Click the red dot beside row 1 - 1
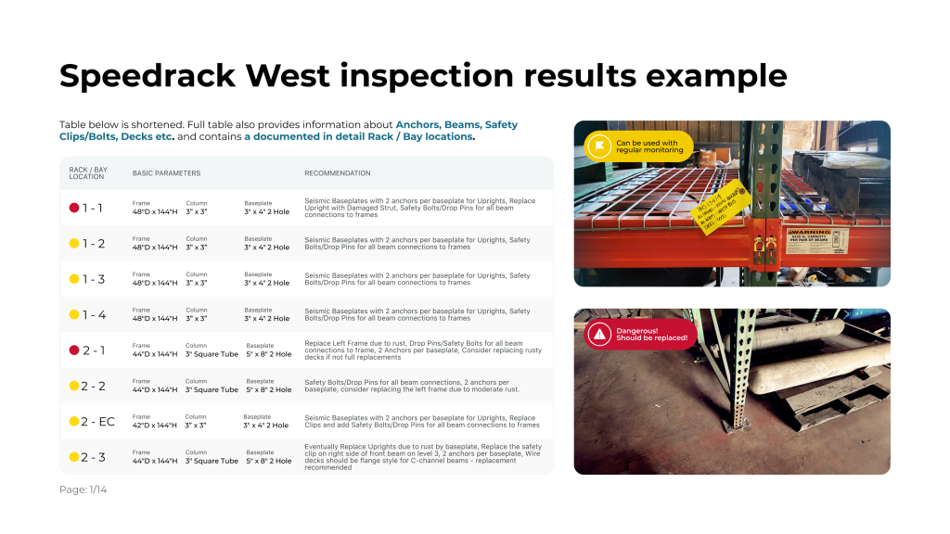pyautogui.click(x=74, y=209)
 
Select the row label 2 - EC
pyautogui.click(x=97, y=422)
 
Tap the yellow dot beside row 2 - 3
pyautogui.click(x=74, y=457)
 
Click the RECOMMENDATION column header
pyautogui.click(x=338, y=173)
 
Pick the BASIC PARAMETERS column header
pyautogui.click(x=166, y=173)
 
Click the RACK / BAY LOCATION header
pyautogui.click(x=87, y=173)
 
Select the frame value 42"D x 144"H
pyautogui.click(x=156, y=426)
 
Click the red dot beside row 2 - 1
pyautogui.click(x=74, y=350)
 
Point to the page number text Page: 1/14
pyautogui.click(x=83, y=489)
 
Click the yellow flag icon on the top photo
pyautogui.click(x=600, y=147)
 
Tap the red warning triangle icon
pyautogui.click(x=600, y=334)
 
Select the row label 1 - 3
pyautogui.click(x=93, y=279)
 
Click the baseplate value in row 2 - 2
pyautogui.click(x=268, y=390)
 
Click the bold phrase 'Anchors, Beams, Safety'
pyautogui.click(x=456, y=124)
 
